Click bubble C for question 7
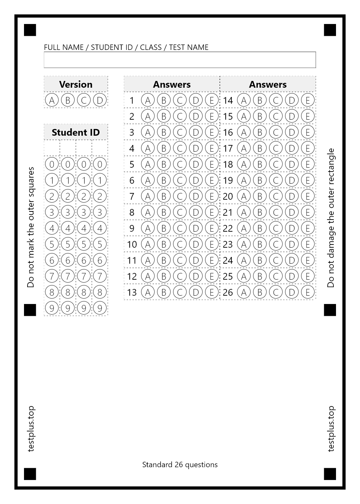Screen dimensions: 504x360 tap(180, 196)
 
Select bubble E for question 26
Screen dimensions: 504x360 tap(308, 292)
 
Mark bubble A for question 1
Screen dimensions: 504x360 tap(148, 100)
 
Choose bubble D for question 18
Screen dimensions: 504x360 tap(292, 164)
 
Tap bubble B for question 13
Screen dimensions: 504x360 tap(164, 292)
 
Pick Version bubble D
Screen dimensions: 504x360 tap(100, 100)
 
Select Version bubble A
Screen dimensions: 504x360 tap(52, 100)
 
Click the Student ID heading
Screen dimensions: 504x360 tap(76, 132)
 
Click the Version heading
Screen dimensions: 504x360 tap(76, 84)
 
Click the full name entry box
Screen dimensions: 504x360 tap(180, 60)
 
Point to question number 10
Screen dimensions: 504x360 tap(132, 244)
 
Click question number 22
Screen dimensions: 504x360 tap(228, 228)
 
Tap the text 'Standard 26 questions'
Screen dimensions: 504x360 tap(180, 465)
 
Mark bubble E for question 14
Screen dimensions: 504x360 tap(308, 100)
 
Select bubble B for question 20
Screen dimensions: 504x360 tap(260, 196)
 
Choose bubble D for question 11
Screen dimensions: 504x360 tap(196, 260)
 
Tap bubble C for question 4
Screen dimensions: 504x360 tap(180, 148)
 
